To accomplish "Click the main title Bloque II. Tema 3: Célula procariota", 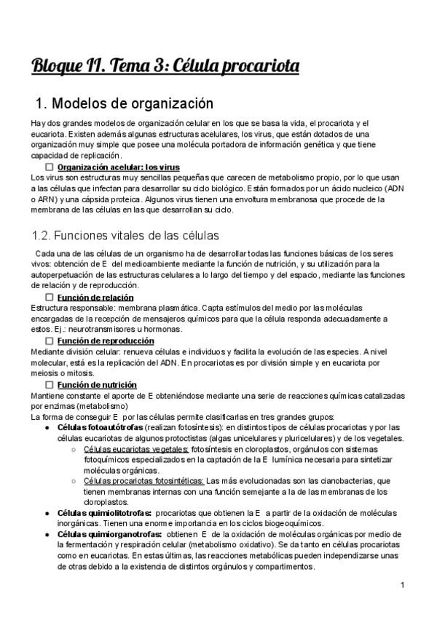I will pyautogui.click(x=165, y=68).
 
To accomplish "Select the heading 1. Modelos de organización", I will pyautogui.click(x=124, y=103).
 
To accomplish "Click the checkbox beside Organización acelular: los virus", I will pyautogui.click(x=50, y=167).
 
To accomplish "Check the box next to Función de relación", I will pyautogui.click(x=50, y=298).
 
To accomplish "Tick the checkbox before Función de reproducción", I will pyautogui.click(x=50, y=341).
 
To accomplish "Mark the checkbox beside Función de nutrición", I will pyautogui.click(x=50, y=384).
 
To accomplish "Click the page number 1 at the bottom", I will pyautogui.click(x=402, y=585).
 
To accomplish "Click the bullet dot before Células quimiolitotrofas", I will pyautogui.click(x=47, y=513).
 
